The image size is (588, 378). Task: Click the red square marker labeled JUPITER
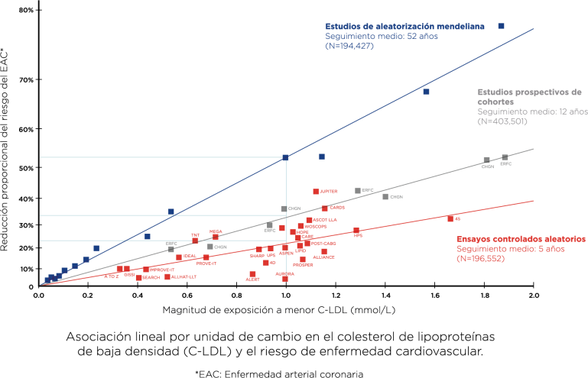(316, 192)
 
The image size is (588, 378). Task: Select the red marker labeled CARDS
(324, 208)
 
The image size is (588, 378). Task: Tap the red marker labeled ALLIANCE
(324, 251)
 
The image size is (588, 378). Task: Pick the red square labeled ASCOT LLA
(308, 219)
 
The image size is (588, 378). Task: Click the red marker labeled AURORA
(285, 279)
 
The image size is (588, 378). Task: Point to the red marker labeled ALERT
(252, 274)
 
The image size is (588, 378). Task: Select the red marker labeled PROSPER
(303, 260)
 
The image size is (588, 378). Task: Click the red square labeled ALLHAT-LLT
(167, 276)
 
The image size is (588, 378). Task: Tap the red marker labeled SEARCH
(138, 277)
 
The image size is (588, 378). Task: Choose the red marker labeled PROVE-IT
(146, 270)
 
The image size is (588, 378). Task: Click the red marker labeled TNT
(195, 241)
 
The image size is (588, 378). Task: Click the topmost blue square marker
(502, 26)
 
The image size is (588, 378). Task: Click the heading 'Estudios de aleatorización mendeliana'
(404, 26)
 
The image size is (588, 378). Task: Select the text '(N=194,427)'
(349, 47)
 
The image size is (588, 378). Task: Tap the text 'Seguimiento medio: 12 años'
(532, 111)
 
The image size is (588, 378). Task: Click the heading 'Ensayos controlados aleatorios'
(521, 239)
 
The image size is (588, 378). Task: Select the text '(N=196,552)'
(480, 259)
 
